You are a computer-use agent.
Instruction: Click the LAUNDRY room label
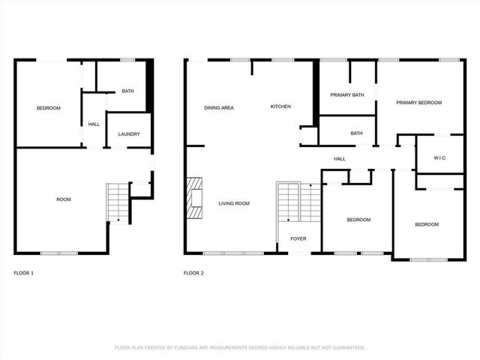(128, 134)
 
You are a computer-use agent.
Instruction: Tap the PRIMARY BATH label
(347, 94)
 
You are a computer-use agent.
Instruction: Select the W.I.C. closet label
(440, 158)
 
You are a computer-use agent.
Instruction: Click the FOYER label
(298, 239)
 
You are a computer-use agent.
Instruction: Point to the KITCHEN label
(280, 106)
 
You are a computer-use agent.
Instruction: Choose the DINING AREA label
(219, 107)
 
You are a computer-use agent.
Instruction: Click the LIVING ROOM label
(234, 203)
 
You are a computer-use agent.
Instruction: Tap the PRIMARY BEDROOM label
(418, 103)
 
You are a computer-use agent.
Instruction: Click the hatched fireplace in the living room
(194, 197)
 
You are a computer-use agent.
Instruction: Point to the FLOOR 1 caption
(24, 273)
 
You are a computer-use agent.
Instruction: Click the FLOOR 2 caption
(193, 273)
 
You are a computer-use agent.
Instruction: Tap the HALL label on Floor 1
(94, 124)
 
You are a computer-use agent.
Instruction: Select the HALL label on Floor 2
(340, 158)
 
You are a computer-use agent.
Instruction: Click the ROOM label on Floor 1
(64, 199)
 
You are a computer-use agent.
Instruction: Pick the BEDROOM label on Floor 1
(49, 108)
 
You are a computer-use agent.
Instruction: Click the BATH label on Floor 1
(128, 91)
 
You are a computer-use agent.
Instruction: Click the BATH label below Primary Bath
(356, 133)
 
